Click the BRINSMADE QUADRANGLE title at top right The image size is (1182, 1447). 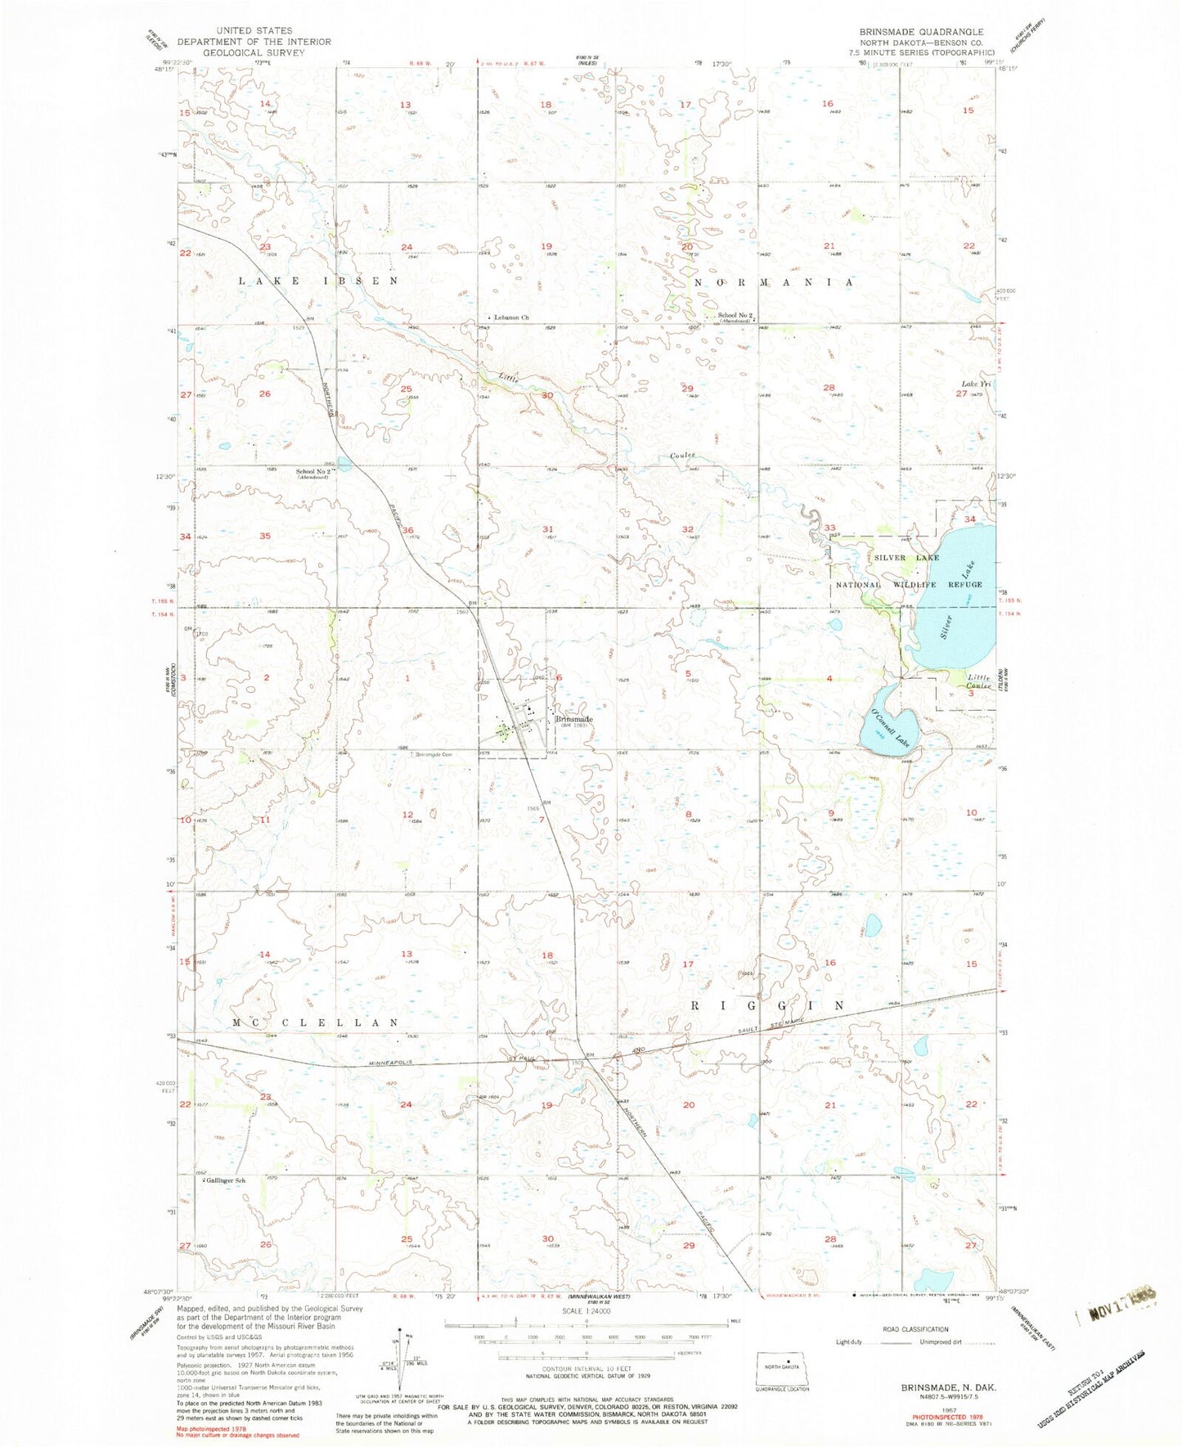coord(921,32)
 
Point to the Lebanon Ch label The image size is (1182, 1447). coord(510,317)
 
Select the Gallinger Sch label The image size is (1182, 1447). coord(227,1180)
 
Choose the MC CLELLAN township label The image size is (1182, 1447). coord(316,1022)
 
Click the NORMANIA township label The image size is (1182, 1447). coord(773,281)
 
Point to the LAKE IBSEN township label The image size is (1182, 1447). coord(318,281)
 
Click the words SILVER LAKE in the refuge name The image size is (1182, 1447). coord(906,557)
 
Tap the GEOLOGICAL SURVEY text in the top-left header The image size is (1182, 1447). coord(254,52)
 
